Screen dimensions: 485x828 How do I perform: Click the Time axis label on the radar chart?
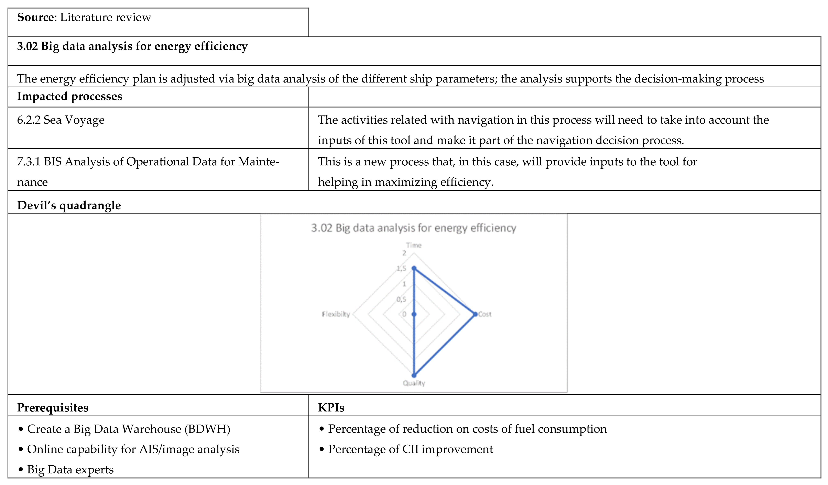click(x=413, y=245)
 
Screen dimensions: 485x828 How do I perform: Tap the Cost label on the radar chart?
click(x=485, y=314)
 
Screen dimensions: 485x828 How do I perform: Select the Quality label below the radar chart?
click(x=414, y=383)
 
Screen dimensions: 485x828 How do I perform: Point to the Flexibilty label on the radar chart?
click(x=336, y=314)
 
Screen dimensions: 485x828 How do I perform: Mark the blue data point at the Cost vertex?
click(x=475, y=314)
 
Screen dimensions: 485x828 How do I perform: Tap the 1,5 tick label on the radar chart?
click(x=401, y=269)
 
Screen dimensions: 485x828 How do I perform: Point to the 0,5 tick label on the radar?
click(x=401, y=299)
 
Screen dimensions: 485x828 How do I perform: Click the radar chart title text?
click(x=413, y=228)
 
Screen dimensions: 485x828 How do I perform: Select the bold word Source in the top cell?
click(x=35, y=17)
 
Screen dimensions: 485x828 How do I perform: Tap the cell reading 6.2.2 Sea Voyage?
click(x=61, y=120)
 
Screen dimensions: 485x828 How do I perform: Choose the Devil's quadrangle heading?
click(x=69, y=205)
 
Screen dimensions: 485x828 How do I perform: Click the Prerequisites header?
click(x=53, y=407)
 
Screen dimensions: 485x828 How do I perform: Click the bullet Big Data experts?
click(x=70, y=470)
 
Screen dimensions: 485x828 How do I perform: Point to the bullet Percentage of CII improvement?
click(x=410, y=449)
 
